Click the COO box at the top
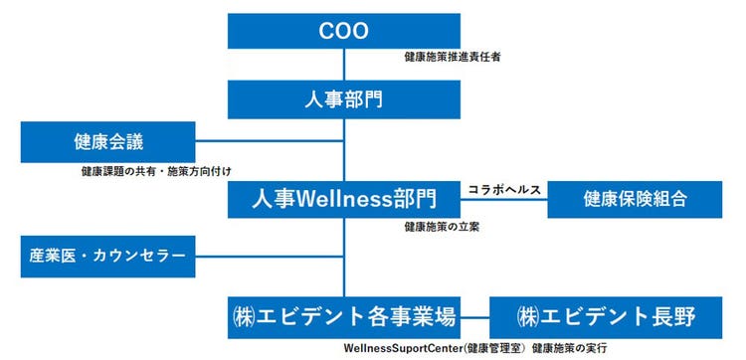(x=345, y=30)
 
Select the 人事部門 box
(x=345, y=99)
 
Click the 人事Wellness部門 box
(x=345, y=198)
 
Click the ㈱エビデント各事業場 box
(x=345, y=317)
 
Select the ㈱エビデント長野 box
(x=606, y=317)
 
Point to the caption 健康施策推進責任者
(x=453, y=58)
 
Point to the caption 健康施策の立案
(x=442, y=228)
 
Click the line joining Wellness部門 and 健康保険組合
(x=505, y=200)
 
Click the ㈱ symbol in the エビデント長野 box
(x=529, y=317)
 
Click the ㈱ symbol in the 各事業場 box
(x=245, y=317)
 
